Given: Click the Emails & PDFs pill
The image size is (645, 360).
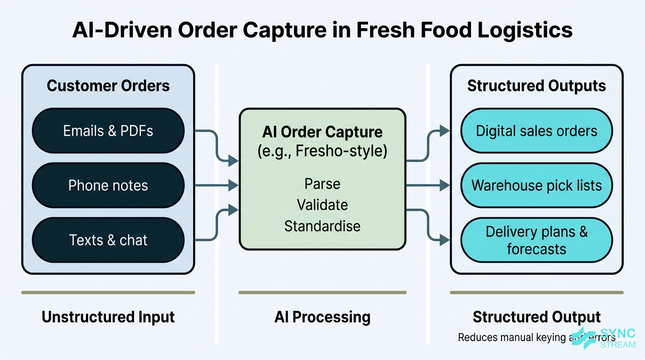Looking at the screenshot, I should tap(108, 131).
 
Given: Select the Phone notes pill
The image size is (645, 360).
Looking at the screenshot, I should tap(108, 186).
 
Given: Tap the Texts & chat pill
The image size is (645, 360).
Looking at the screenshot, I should tap(108, 240).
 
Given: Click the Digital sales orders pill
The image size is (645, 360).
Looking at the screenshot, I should tap(536, 131).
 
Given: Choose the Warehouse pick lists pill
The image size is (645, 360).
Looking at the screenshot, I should tap(536, 186).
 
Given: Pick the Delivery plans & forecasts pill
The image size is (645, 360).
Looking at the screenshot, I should tap(536, 240).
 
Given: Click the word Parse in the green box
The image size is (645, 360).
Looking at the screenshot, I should tap(322, 183).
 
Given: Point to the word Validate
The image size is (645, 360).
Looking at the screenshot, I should tap(322, 205).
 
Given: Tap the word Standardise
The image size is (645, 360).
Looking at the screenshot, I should tap(322, 226).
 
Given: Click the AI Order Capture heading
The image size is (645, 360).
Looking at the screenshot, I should tap(322, 132).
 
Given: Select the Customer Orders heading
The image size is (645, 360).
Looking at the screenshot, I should tap(108, 86).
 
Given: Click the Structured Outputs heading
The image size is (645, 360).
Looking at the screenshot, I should tap(536, 86).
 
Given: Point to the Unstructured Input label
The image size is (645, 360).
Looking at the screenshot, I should tap(108, 317).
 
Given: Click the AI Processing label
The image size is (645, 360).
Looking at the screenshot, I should tap(322, 317).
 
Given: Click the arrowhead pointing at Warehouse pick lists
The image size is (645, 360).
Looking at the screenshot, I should tap(445, 186).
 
